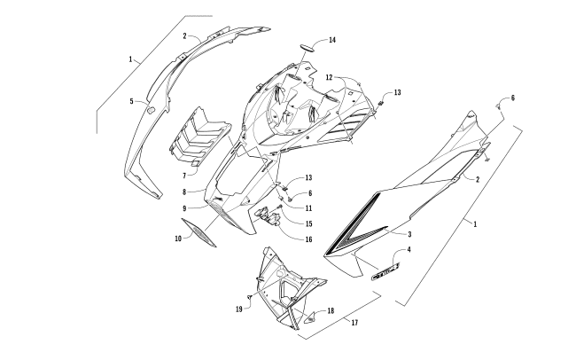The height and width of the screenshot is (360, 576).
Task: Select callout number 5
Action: coord(131,101)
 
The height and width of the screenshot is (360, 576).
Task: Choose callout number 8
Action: coord(183,191)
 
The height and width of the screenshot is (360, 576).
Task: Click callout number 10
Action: coord(178,239)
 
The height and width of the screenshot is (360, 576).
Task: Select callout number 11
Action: coord(309,207)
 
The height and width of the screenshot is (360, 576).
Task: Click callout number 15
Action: coord(309,223)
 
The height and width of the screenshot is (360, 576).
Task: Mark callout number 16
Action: coord(309,239)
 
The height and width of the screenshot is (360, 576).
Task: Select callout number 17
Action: coord(354,322)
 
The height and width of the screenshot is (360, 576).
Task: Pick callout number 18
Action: coord(330,310)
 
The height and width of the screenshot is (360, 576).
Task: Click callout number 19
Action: coord(239,309)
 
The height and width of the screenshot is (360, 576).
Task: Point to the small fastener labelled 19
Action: coord(250,299)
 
